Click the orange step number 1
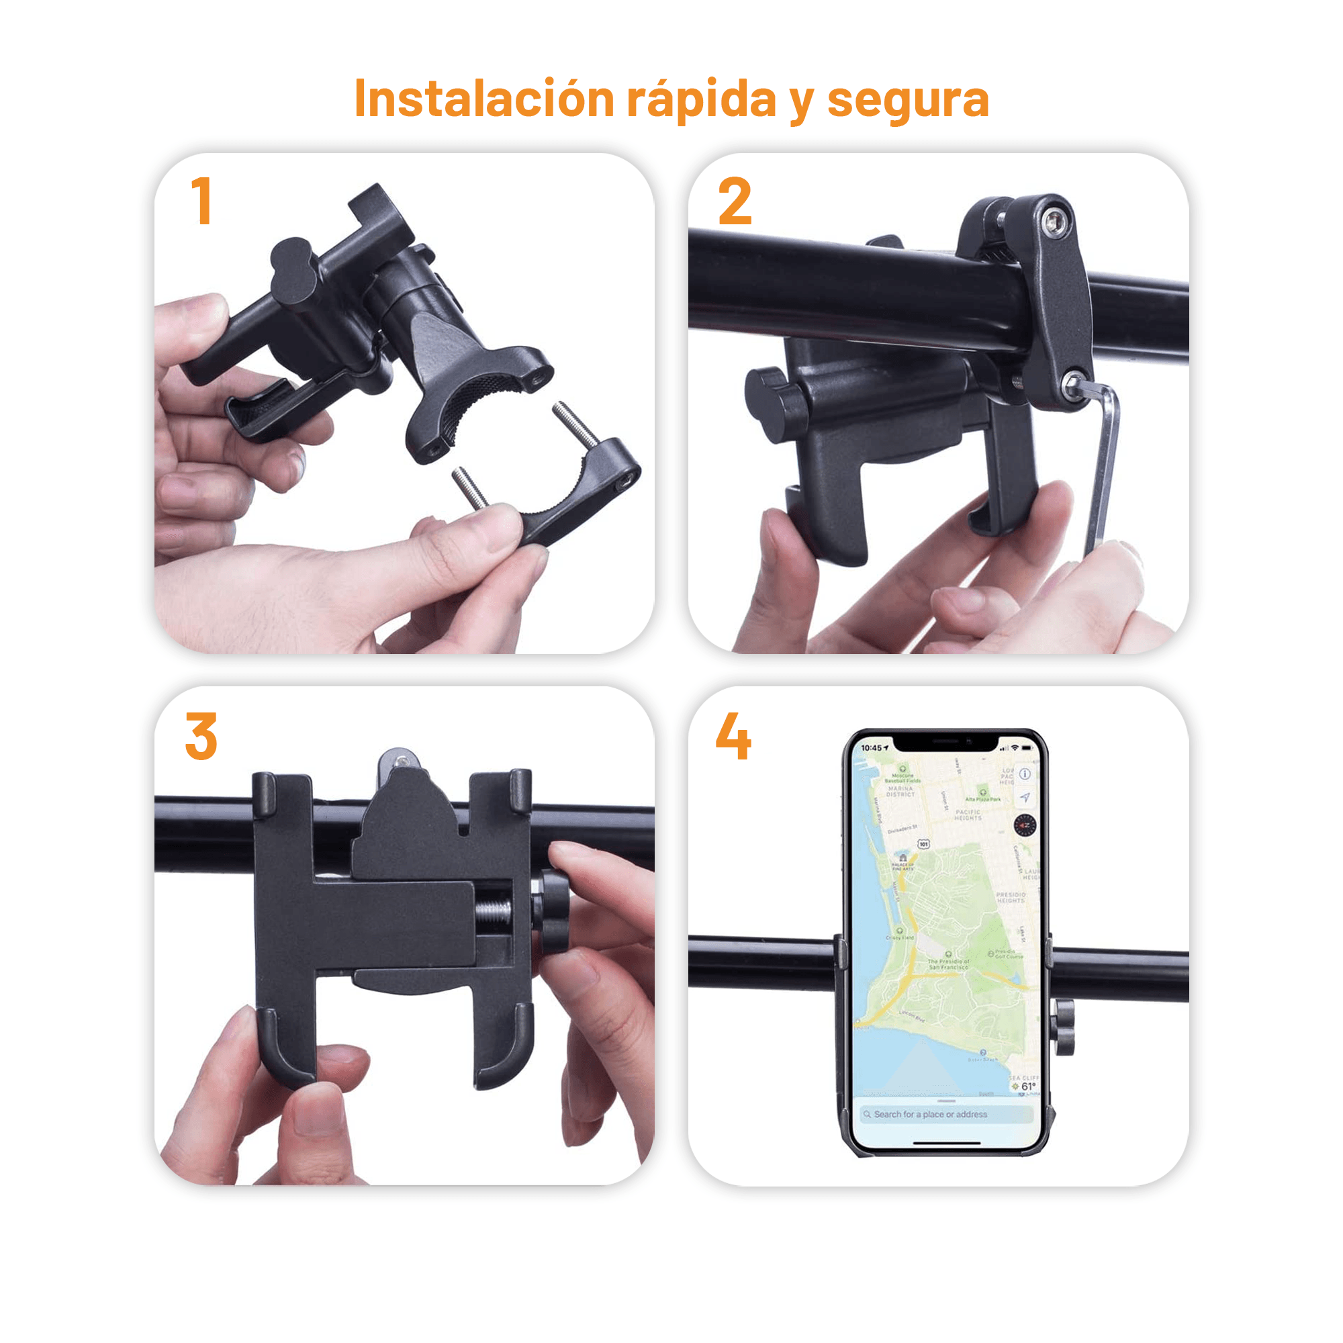click(202, 201)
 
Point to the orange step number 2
click(735, 201)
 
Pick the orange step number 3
click(201, 736)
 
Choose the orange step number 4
click(733, 736)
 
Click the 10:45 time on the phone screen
click(872, 748)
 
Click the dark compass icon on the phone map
click(1025, 825)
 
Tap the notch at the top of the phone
click(945, 743)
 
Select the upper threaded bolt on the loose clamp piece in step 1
click(576, 423)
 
